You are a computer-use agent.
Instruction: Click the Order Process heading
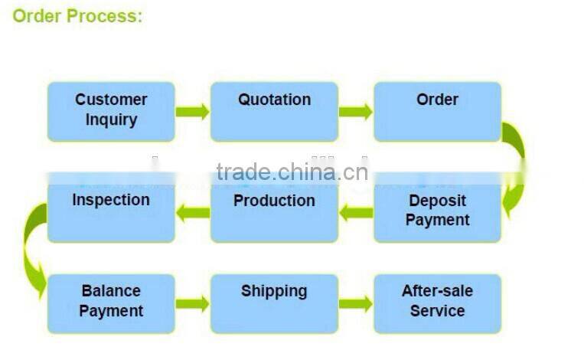pyautogui.click(x=77, y=16)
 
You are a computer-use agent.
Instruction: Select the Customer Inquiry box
pyautogui.click(x=111, y=112)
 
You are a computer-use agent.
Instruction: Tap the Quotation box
pyautogui.click(x=274, y=112)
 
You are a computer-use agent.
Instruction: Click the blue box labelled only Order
pyautogui.click(x=437, y=112)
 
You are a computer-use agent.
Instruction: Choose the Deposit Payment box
pyautogui.click(x=437, y=211)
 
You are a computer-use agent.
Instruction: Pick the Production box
pyautogui.click(x=274, y=211)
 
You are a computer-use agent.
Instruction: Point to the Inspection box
pyautogui.click(x=111, y=211)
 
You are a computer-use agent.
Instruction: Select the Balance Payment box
pyautogui.click(x=111, y=304)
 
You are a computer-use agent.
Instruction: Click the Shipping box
pyautogui.click(x=274, y=304)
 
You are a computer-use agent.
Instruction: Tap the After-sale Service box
pyautogui.click(x=437, y=304)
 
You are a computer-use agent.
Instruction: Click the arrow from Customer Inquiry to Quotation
pyautogui.click(x=192, y=112)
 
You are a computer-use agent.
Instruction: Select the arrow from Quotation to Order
pyautogui.click(x=355, y=112)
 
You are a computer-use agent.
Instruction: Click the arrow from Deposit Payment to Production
pyautogui.click(x=356, y=213)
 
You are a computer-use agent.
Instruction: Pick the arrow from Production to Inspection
pyautogui.click(x=193, y=213)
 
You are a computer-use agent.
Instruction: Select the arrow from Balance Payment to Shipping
pyautogui.click(x=192, y=304)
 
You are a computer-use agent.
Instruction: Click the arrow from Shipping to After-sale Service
pyautogui.click(x=355, y=304)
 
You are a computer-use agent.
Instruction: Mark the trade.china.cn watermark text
pyautogui.click(x=292, y=172)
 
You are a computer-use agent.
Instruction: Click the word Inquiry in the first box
pyautogui.click(x=111, y=120)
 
